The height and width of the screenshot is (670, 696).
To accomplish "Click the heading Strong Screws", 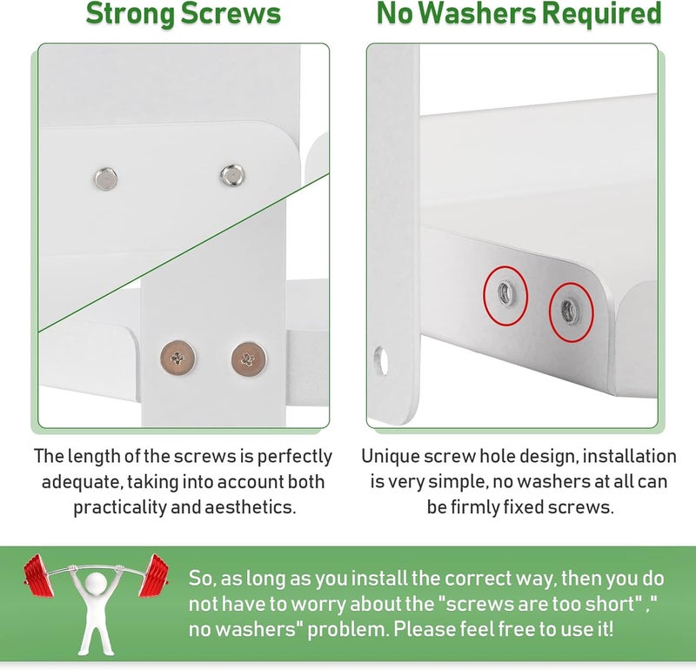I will pyautogui.click(x=183, y=15).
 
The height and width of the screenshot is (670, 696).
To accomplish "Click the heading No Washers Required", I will pyautogui.click(x=519, y=15).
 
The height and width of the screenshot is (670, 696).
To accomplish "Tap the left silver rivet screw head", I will pyautogui.click(x=106, y=179).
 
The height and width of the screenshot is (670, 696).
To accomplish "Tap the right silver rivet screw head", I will pyautogui.click(x=231, y=176).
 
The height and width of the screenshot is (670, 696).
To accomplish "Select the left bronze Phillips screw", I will pyautogui.click(x=177, y=356).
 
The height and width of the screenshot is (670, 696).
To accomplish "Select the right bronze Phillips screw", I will pyautogui.click(x=251, y=356).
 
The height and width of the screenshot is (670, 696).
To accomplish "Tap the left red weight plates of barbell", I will pyautogui.click(x=37, y=576).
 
